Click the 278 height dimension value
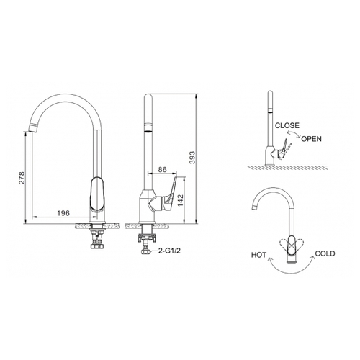tap(22, 178)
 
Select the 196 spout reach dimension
tap(63, 213)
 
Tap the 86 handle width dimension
tap(163, 169)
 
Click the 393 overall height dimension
tap(192, 158)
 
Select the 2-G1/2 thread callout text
tap(169, 251)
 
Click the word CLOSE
tap(287, 125)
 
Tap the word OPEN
tap(311, 139)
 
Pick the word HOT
tap(258, 255)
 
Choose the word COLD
tap(325, 253)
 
